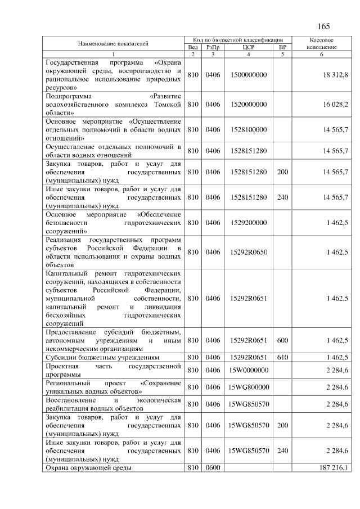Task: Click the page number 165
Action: [324, 26]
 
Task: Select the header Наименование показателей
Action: [113, 43]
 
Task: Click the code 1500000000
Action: [248, 75]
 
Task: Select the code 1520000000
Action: [248, 105]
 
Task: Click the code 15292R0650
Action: [248, 252]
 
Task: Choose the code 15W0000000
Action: [248, 370]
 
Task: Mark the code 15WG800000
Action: [248, 387]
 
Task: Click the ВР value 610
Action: [282, 357]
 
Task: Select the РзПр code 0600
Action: [212, 467]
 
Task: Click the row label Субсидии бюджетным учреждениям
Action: [102, 357]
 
